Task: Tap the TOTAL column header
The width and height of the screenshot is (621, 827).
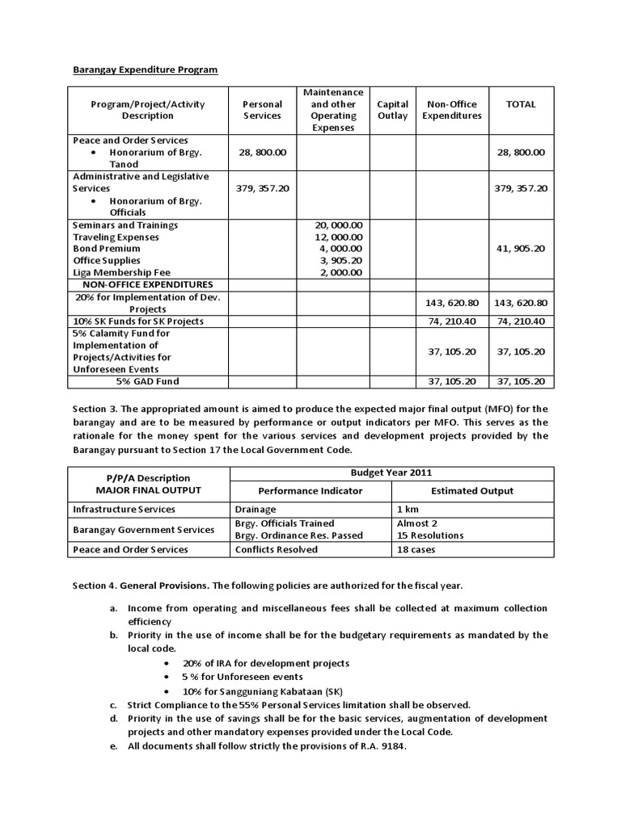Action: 521,104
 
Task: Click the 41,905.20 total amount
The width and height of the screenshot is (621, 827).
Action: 521,249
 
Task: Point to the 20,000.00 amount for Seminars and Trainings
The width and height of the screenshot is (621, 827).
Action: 339,225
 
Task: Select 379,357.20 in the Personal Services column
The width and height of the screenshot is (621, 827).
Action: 263,188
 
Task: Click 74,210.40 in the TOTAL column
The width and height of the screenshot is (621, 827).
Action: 521,321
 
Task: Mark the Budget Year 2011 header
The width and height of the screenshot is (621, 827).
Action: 391,472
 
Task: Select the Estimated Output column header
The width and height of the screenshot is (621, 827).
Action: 472,490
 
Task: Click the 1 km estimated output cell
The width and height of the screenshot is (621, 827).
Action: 410,510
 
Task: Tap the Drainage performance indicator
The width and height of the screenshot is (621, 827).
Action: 256,510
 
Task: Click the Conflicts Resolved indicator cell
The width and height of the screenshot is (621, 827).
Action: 276,549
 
